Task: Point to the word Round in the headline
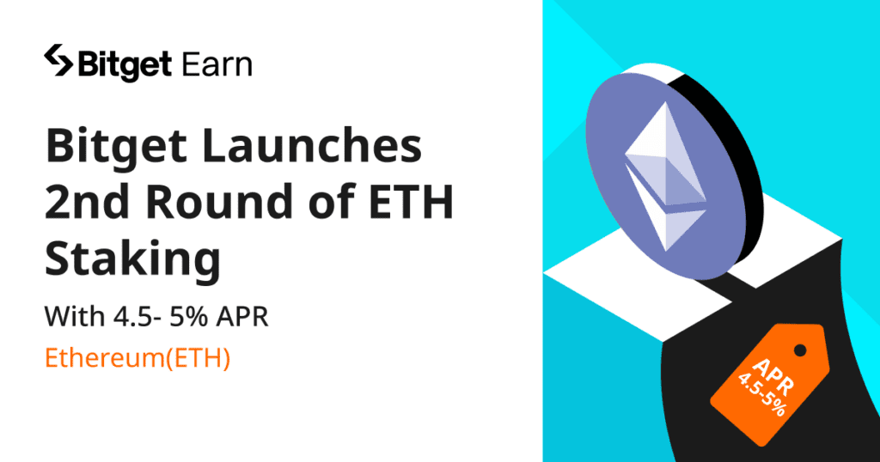pos(223,201)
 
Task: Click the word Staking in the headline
pos(133,260)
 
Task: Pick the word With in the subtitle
pos(75,316)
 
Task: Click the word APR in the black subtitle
pos(243,316)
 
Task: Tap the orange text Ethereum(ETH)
pos(137,359)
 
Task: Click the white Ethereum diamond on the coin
pos(665,176)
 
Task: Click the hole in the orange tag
pos(800,351)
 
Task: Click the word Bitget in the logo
pos(125,65)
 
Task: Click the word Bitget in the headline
pos(116,147)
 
